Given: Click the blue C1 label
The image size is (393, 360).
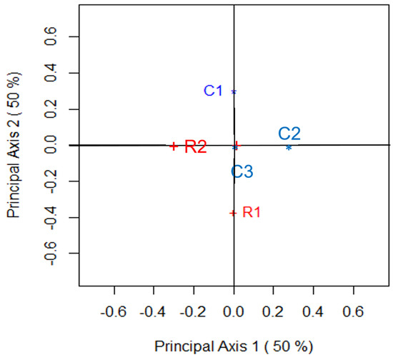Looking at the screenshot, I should [214, 91].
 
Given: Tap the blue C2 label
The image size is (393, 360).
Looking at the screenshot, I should [289, 133].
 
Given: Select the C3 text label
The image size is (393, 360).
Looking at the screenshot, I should [242, 171].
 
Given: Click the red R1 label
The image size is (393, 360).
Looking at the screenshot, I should [252, 212].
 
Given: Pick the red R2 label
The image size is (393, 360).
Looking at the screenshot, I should [196, 147].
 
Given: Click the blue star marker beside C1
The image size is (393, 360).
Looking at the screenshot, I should [234, 91].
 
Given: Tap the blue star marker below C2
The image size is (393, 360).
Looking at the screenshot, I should [289, 147].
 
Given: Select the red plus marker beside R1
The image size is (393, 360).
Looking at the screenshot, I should [233, 213].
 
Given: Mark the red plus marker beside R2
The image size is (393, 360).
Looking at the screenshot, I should [173, 146].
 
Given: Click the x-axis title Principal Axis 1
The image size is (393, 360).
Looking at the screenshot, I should [234, 346].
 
